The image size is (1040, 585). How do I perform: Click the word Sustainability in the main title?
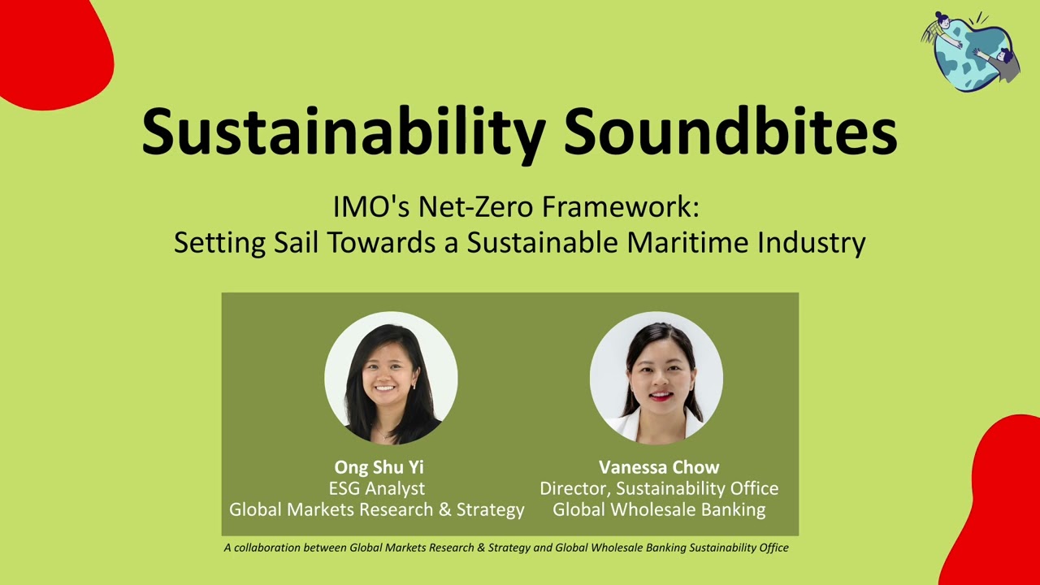pyautogui.click(x=343, y=130)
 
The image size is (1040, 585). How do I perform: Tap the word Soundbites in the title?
pyautogui.click(x=730, y=130)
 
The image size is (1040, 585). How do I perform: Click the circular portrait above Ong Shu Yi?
pyautogui.click(x=391, y=378)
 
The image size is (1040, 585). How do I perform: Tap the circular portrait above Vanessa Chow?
pyautogui.click(x=656, y=378)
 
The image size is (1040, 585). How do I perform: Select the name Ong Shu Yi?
pyautogui.click(x=379, y=467)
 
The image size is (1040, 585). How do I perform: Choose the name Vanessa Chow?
pyautogui.click(x=659, y=467)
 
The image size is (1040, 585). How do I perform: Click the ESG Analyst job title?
pyautogui.click(x=376, y=488)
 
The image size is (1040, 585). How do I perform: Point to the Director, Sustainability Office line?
pyautogui.click(x=659, y=488)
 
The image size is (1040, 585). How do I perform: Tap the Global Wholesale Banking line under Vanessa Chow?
pyautogui.click(x=659, y=509)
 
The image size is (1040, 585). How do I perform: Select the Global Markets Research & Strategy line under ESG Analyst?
pyautogui.click(x=377, y=509)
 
